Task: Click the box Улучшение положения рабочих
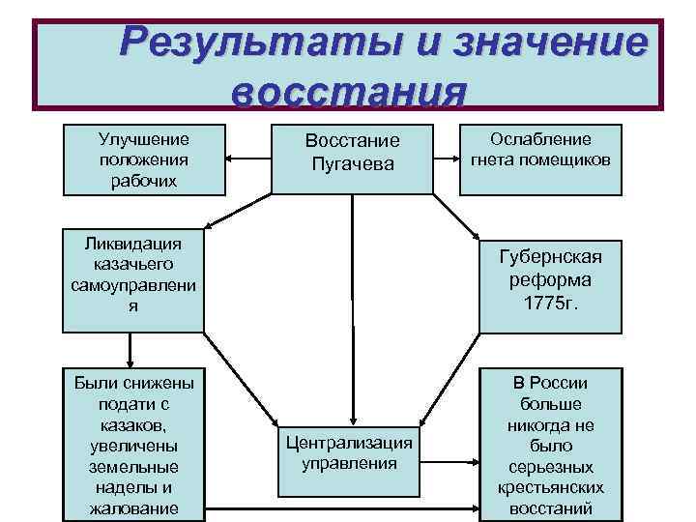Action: (144, 159)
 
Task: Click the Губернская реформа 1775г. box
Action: (550, 280)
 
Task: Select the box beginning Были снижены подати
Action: (133, 444)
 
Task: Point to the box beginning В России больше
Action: (550, 444)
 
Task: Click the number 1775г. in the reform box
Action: (550, 303)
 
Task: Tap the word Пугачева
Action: (353, 164)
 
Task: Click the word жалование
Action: (133, 508)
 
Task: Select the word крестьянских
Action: (550, 488)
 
